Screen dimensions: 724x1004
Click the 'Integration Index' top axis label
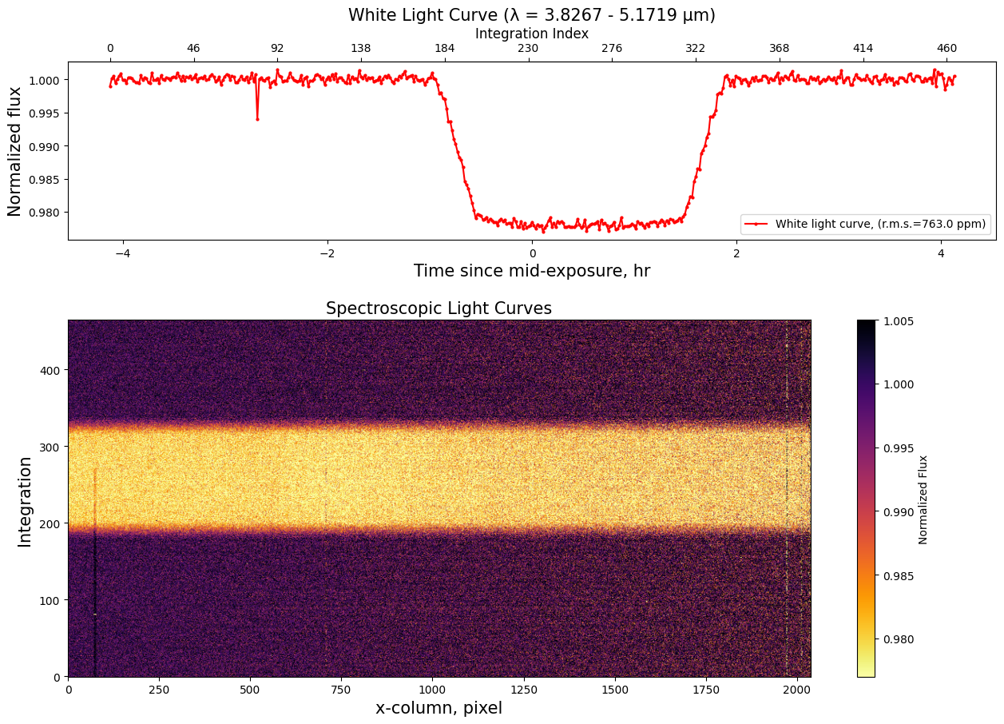[531, 34]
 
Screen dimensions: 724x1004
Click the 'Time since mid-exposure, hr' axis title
[531, 271]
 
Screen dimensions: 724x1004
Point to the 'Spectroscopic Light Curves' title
[439, 308]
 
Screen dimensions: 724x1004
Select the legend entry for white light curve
[866, 225]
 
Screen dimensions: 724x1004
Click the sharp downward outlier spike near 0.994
[257, 119]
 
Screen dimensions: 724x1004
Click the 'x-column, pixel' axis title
[439, 708]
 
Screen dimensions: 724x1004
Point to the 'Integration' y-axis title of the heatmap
[25, 501]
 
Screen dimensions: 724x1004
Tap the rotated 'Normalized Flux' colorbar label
[923, 499]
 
